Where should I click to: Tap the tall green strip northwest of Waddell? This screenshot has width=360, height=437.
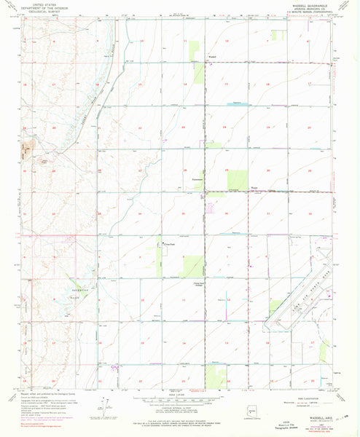[x=196, y=50]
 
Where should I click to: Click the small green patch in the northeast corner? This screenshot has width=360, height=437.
[x=276, y=34]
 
